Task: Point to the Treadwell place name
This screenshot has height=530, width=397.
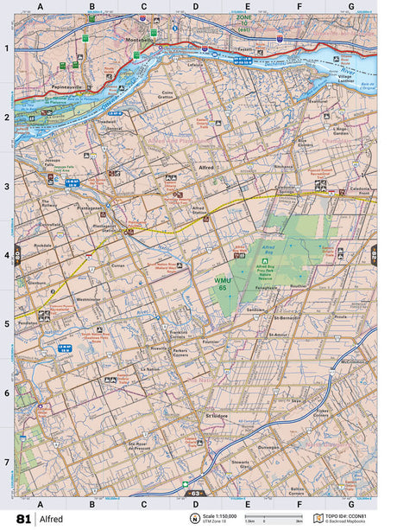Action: coord(106,122)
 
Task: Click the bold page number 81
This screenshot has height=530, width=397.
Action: coord(22,519)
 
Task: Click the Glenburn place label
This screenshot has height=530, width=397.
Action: coord(37,282)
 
